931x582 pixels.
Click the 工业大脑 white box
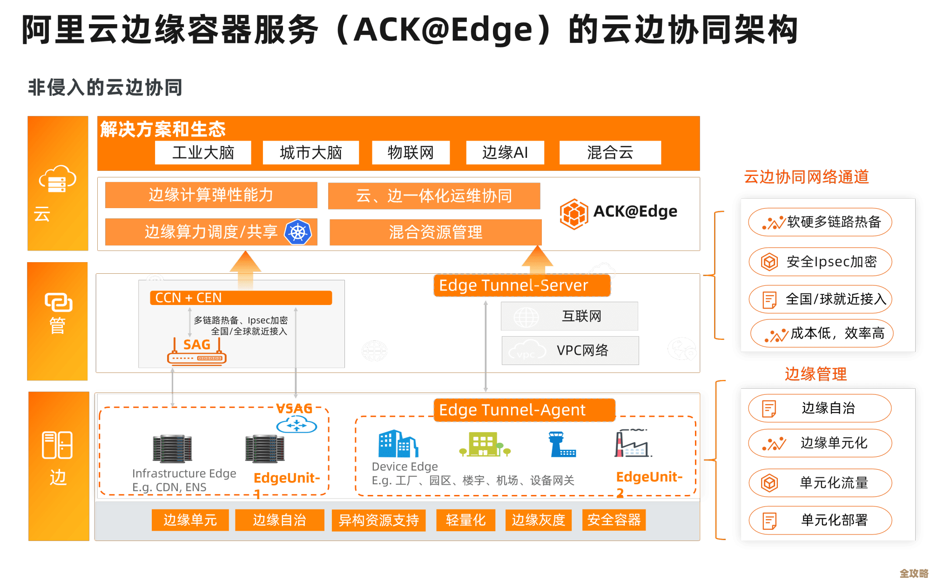click(203, 153)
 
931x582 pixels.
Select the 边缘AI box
click(505, 153)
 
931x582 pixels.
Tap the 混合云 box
click(610, 153)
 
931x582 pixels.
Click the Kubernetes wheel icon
click(297, 232)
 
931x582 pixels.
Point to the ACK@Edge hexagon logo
click(573, 214)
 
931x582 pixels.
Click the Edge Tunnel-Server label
click(522, 285)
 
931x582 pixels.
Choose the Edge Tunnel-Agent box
click(524, 410)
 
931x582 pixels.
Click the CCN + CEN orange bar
click(241, 298)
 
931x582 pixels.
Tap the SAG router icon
click(197, 358)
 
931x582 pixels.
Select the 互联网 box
click(569, 316)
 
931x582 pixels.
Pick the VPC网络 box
click(570, 351)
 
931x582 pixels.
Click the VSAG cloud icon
click(297, 425)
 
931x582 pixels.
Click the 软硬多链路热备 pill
click(820, 222)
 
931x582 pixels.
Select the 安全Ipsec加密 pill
click(820, 262)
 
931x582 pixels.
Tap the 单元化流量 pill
click(820, 483)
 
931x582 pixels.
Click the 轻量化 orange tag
click(465, 520)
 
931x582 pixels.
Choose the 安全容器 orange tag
click(614, 520)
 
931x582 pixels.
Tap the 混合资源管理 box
click(435, 232)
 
